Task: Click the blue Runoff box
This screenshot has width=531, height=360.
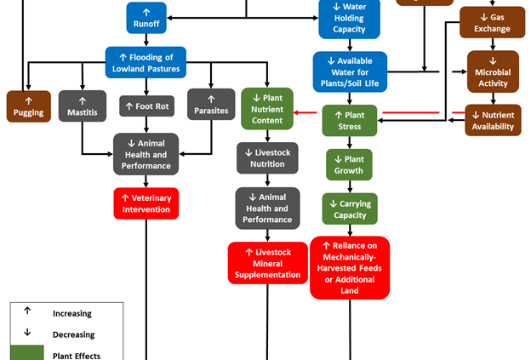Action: pyautogui.click(x=146, y=18)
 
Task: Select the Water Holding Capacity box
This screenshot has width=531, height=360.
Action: pyautogui.click(x=349, y=19)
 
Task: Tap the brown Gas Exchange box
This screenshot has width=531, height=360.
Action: pyautogui.click(x=492, y=22)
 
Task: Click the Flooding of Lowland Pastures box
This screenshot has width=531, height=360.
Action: pyautogui.click(x=146, y=61)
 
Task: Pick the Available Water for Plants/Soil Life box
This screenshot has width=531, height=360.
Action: pyautogui.click(x=349, y=71)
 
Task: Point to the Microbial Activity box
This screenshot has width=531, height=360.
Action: pyautogui.click(x=492, y=72)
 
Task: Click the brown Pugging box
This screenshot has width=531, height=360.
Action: pyautogui.click(x=28, y=106)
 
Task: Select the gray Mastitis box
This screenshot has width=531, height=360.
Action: pyautogui.click(x=83, y=106)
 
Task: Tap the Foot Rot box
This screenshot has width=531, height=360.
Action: pyautogui.click(x=146, y=106)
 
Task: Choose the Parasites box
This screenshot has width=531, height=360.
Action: pyautogui.click(x=210, y=106)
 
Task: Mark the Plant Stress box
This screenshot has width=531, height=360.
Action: pyautogui.click(x=349, y=120)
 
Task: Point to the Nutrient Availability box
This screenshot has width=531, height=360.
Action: pyautogui.click(x=492, y=120)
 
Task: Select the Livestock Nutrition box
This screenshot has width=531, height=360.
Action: pyautogui.click(x=267, y=157)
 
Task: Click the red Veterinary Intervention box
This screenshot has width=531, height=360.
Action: pyautogui.click(x=146, y=203)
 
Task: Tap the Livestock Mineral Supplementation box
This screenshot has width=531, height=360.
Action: pyautogui.click(x=267, y=263)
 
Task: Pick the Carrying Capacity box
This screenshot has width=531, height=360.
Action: pyautogui.click(x=349, y=209)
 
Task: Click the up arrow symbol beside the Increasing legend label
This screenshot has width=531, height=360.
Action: pyautogui.click(x=27, y=313)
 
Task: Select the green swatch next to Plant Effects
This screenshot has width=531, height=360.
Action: pyautogui.click(x=27, y=353)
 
